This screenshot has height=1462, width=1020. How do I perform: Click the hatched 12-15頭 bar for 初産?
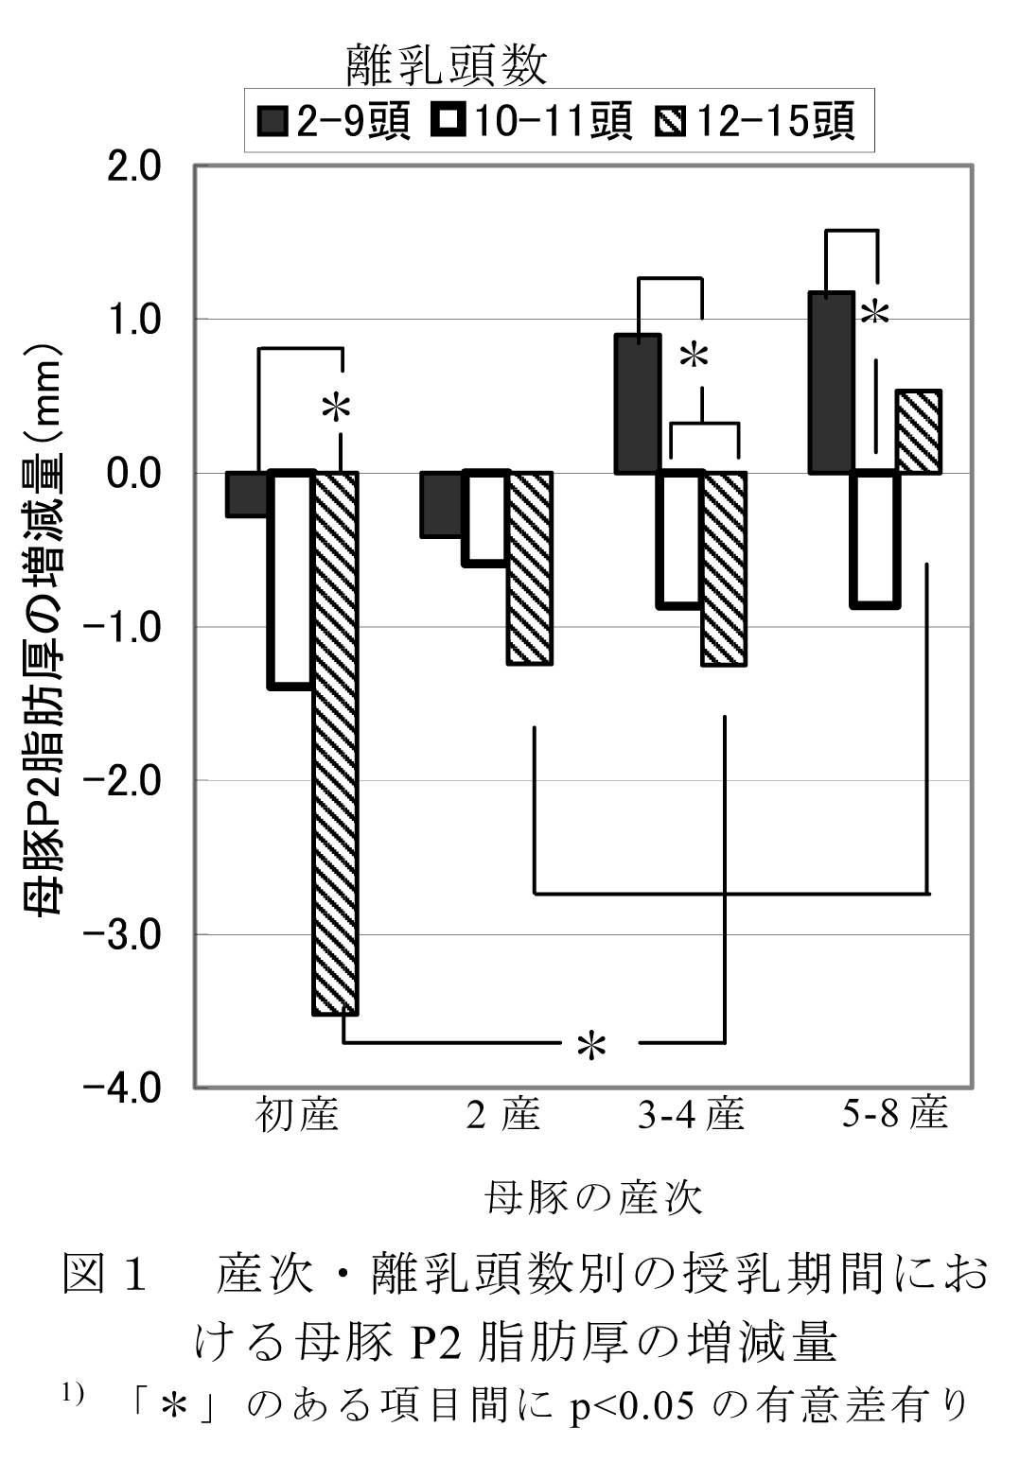point(336,743)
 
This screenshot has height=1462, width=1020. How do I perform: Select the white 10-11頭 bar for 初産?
point(290,580)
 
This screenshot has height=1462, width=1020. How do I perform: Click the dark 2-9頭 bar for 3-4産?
point(638,404)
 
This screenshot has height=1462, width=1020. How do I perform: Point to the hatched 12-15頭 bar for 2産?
point(530,568)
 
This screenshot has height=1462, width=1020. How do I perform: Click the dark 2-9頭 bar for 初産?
point(246,494)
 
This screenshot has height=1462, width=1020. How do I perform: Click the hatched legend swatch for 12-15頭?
point(669,122)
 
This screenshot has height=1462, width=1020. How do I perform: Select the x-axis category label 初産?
point(296,1116)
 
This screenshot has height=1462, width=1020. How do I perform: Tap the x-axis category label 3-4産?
point(691,1116)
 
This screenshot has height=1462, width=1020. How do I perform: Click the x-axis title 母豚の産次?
point(594,1197)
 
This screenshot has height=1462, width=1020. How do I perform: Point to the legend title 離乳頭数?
point(447,66)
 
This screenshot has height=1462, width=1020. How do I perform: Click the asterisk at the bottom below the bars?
point(591,1047)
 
